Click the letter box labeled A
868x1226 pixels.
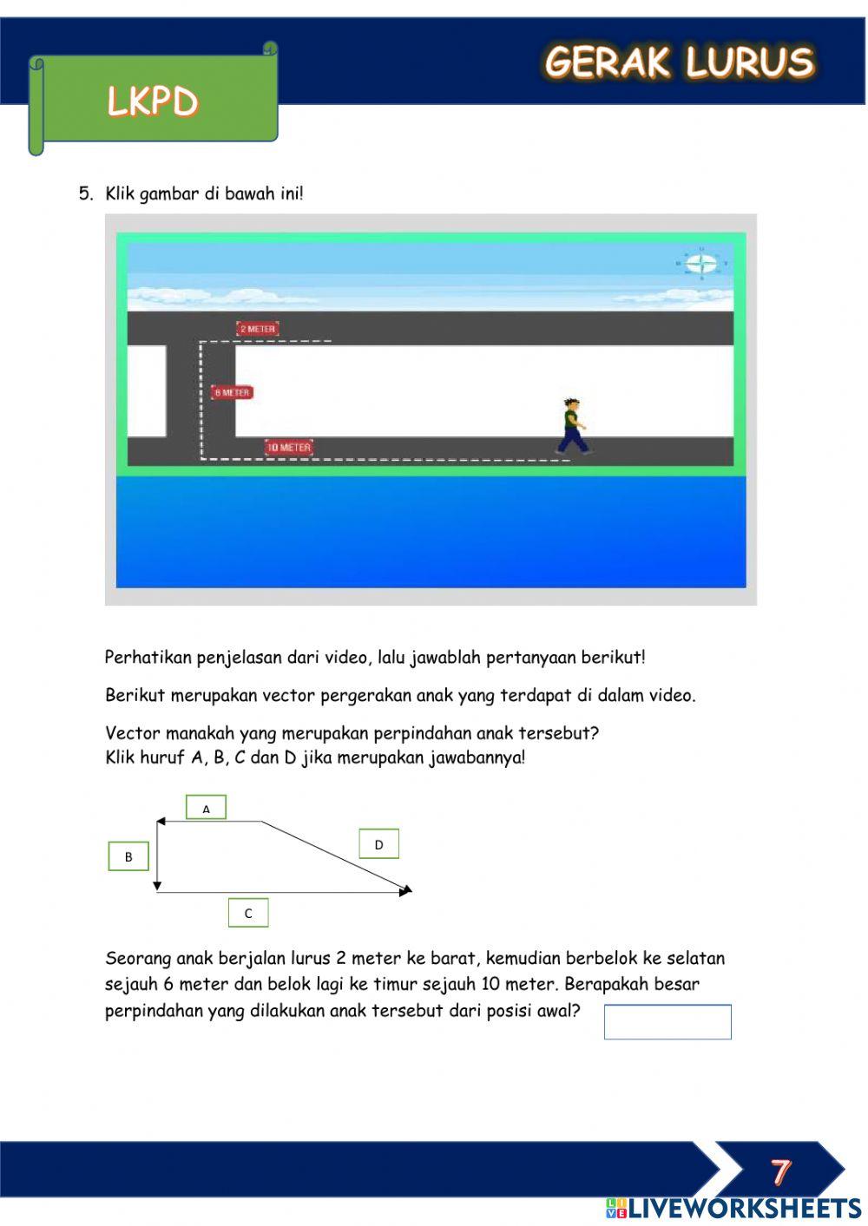pos(206,808)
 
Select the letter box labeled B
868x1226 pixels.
pos(128,856)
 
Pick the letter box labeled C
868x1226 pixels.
pos(248,913)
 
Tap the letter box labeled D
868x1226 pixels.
pos(378,844)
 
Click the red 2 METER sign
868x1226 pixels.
pos(257,329)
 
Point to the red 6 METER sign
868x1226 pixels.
pos(232,393)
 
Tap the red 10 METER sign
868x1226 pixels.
pos(288,448)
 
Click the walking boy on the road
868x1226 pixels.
pos(570,426)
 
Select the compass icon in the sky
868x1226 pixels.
pos(701,264)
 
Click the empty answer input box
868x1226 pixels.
pos(667,1021)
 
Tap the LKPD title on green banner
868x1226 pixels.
pos(153,102)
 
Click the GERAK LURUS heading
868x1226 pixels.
pos(679,62)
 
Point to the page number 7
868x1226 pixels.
pos(780,1171)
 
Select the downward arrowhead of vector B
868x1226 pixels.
pos(157,885)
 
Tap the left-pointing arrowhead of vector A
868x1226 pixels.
pos(161,821)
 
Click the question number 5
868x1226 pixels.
pos(85,193)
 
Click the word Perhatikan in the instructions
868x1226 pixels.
pos(148,657)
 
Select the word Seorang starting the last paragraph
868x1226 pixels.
pos(138,959)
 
